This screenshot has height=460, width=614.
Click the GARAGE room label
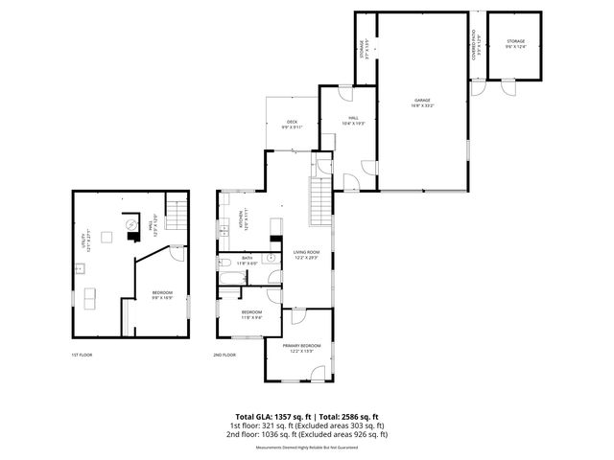[x=421, y=100]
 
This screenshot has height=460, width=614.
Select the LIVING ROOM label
[x=307, y=255]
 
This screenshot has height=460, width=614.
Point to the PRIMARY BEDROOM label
[x=301, y=347]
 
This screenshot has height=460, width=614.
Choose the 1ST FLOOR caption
[x=81, y=356]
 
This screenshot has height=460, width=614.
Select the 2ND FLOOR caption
[x=224, y=356]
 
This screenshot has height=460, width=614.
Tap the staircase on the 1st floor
[x=175, y=212]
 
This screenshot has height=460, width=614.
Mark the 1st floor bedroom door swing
[x=177, y=253]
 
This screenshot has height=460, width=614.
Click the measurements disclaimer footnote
[x=306, y=448]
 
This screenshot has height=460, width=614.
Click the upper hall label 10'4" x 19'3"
[x=354, y=122]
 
